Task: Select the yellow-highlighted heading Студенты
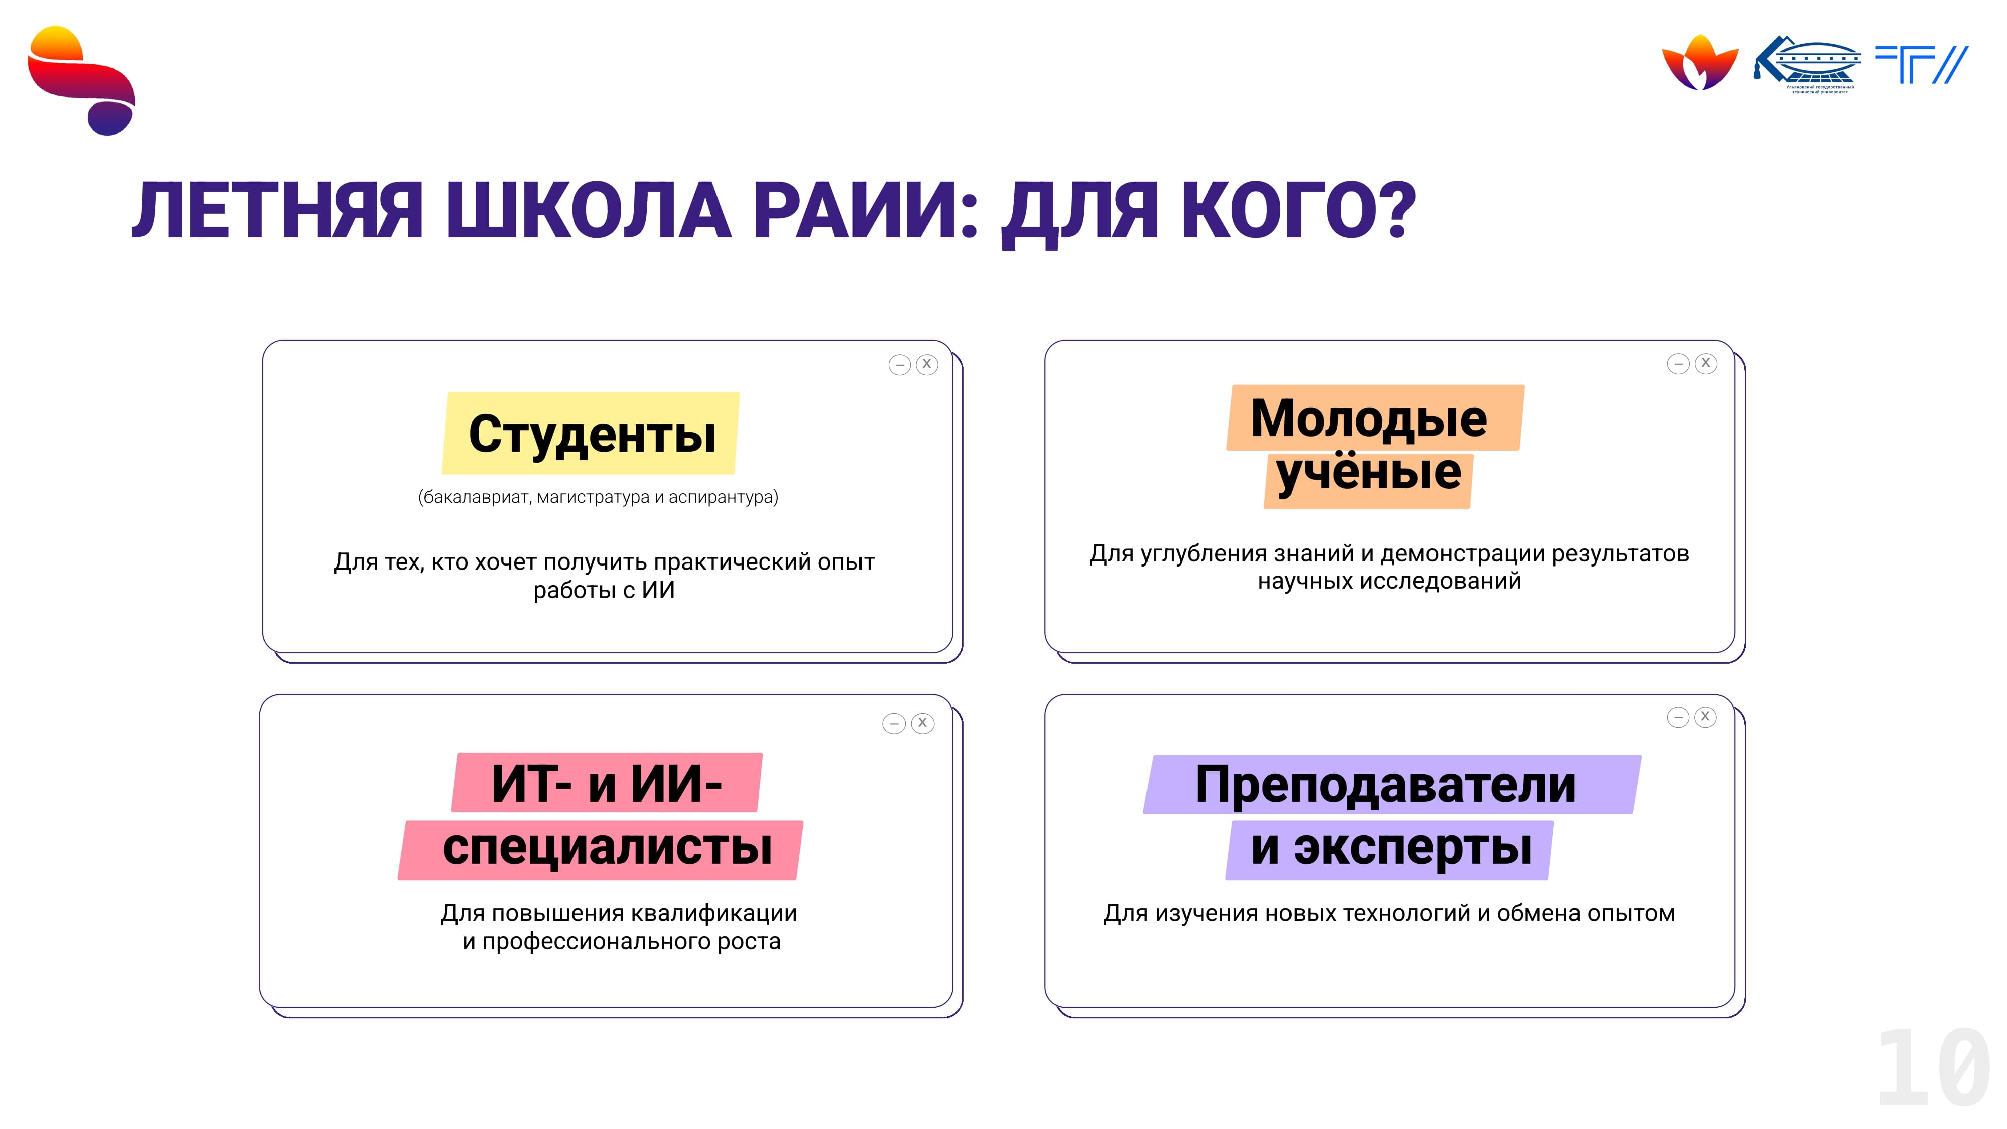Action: [592, 434]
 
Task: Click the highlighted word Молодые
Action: [1369, 418]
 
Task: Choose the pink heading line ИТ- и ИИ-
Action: [607, 784]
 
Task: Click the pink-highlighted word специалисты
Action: [607, 848]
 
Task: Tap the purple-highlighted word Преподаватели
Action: [1385, 785]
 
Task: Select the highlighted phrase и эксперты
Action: [1391, 848]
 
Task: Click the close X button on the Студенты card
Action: [926, 365]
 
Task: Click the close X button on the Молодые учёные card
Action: [1705, 364]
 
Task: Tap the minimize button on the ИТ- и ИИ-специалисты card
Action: [894, 724]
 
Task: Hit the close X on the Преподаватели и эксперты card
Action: [1705, 717]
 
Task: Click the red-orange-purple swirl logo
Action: [81, 80]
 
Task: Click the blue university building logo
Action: [1807, 64]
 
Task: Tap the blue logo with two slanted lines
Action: [1921, 64]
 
